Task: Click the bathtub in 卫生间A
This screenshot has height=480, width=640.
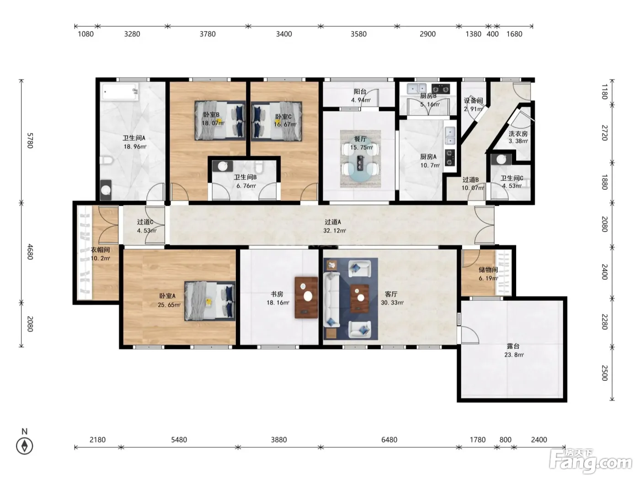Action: pyautogui.click(x=120, y=92)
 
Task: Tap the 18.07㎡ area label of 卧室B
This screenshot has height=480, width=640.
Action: pyautogui.click(x=213, y=123)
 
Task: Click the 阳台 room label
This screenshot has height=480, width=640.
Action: pyautogui.click(x=360, y=91)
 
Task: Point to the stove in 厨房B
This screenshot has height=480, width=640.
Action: pyautogui.click(x=441, y=89)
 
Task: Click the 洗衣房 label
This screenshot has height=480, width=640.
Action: pyautogui.click(x=518, y=134)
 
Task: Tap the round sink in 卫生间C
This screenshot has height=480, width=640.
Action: pyautogui.click(x=501, y=160)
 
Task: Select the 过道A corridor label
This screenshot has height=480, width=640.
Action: pyautogui.click(x=333, y=222)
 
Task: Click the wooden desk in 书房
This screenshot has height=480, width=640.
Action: pyautogui.click(x=306, y=297)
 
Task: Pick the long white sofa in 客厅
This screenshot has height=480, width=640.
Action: pyautogui.click(x=332, y=299)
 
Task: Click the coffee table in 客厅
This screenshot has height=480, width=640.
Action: pyautogui.click(x=359, y=299)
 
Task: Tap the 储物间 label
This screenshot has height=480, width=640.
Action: pyautogui.click(x=488, y=270)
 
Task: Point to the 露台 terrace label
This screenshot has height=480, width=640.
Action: pyautogui.click(x=513, y=346)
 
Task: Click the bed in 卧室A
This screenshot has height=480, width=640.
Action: pyautogui.click(x=210, y=301)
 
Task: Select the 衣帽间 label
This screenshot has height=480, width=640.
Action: pyautogui.click(x=100, y=250)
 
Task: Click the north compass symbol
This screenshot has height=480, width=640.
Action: pyautogui.click(x=25, y=446)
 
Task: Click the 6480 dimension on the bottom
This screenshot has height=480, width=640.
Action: pyautogui.click(x=389, y=439)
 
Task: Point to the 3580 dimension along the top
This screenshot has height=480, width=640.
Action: pyautogui.click(x=358, y=34)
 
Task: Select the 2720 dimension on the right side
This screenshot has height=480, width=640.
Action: pyautogui.click(x=605, y=133)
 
